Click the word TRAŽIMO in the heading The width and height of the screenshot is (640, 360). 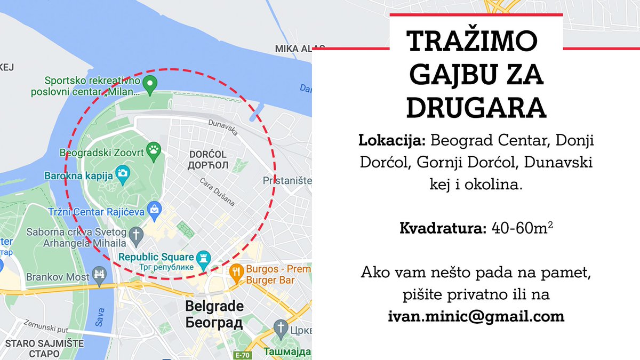472,41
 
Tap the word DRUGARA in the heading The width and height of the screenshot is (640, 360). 476,108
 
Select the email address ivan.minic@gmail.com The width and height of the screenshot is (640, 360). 476,316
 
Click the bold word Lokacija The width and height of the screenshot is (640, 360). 392,141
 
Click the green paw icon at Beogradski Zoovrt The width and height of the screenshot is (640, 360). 155,151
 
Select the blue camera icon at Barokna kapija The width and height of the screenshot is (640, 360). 123,173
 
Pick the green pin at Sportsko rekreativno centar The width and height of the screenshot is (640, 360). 150,83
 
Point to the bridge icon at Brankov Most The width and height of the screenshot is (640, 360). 99,276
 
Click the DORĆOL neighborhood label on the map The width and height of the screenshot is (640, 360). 208,155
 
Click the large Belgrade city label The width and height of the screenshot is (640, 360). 214,307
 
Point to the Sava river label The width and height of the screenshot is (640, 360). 100,317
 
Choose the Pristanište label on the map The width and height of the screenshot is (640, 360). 287,181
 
